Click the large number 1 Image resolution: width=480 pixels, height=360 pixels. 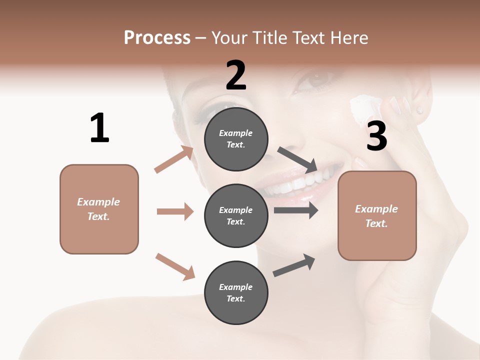click(x=99, y=128)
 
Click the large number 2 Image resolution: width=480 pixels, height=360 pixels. click(x=236, y=75)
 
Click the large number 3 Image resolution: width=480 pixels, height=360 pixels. click(x=376, y=136)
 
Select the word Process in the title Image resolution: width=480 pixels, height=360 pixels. click(x=157, y=37)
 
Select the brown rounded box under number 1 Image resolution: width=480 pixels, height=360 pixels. click(x=99, y=209)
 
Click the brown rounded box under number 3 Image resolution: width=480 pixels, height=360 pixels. click(x=377, y=215)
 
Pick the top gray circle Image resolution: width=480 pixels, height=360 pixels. click(x=236, y=139)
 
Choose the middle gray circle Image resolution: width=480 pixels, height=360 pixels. click(x=236, y=215)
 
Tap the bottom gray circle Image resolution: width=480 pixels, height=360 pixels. click(x=236, y=292)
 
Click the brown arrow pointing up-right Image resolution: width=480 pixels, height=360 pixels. click(x=174, y=159)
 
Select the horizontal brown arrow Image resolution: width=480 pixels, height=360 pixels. click(x=175, y=211)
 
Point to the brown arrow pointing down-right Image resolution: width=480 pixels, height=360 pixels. click(x=175, y=266)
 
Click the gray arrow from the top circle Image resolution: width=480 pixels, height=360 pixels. click(x=298, y=159)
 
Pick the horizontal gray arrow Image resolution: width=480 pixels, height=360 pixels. click(x=296, y=210)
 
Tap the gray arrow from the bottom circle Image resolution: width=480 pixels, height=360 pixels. click(x=294, y=265)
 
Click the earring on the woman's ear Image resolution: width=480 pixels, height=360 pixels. click(x=419, y=110)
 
